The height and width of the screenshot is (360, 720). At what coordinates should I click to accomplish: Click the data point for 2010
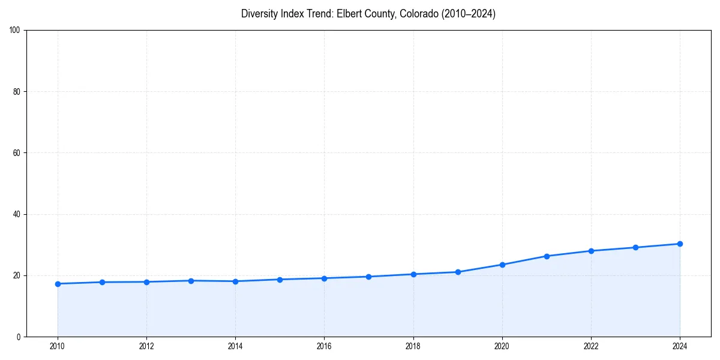tap(58, 284)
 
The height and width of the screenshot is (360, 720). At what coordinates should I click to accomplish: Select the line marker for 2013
tap(191, 281)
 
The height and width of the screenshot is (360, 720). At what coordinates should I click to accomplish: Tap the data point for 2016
tap(324, 278)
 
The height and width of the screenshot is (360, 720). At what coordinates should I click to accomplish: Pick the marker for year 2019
tap(458, 272)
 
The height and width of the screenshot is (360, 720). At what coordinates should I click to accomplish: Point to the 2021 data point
tap(547, 256)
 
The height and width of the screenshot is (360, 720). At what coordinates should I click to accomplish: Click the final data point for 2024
tap(680, 244)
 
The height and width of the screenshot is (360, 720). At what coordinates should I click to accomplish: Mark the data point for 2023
tap(635, 247)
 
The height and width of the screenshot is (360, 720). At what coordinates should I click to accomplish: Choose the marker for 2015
tap(280, 280)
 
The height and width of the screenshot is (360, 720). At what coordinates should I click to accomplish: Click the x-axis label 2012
tap(146, 346)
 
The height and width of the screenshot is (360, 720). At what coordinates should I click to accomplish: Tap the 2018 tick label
tap(413, 346)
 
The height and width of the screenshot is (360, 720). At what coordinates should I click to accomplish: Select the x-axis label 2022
tap(591, 346)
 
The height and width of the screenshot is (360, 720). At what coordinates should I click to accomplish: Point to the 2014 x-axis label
tap(235, 346)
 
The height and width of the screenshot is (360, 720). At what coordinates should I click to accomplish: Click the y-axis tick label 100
tap(15, 31)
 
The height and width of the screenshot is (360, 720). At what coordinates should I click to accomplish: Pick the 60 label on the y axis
tap(17, 153)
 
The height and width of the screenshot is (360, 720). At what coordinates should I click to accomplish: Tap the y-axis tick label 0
tap(19, 337)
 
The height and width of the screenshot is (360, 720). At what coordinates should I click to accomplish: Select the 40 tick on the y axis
tap(17, 214)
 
